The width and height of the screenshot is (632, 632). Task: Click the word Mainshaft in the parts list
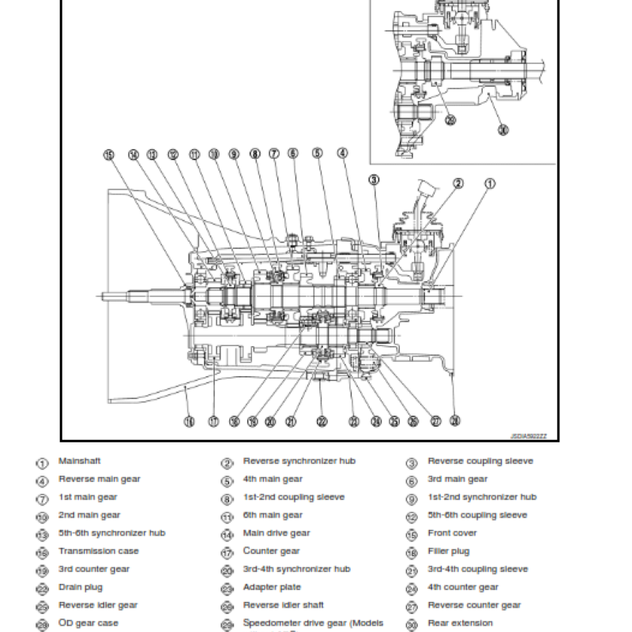click(79, 461)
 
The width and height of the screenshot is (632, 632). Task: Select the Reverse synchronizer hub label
click(299, 461)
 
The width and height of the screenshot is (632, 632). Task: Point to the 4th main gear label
click(273, 480)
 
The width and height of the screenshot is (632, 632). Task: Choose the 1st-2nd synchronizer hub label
click(482, 498)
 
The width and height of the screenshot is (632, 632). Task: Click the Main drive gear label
click(276, 533)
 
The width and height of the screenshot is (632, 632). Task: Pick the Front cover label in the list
click(452, 533)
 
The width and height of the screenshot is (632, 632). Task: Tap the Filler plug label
click(448, 551)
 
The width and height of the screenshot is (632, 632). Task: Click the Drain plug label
click(81, 588)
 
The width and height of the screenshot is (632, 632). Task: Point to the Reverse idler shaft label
click(283, 606)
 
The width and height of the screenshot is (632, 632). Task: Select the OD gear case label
click(88, 623)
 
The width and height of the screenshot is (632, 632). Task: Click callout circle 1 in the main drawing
click(490, 185)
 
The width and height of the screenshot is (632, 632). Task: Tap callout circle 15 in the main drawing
click(109, 155)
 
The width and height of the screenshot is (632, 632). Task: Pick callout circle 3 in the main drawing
click(374, 179)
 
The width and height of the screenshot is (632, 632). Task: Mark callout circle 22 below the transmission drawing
click(322, 421)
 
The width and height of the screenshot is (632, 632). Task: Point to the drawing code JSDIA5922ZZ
click(533, 435)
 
